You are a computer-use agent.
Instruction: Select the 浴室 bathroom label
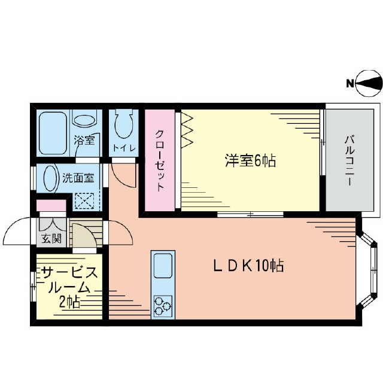(84, 141)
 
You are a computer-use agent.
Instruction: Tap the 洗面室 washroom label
(78, 178)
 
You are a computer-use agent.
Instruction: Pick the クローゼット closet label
(160, 160)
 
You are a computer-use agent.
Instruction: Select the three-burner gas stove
(163, 306)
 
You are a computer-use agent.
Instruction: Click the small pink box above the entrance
(50, 206)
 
